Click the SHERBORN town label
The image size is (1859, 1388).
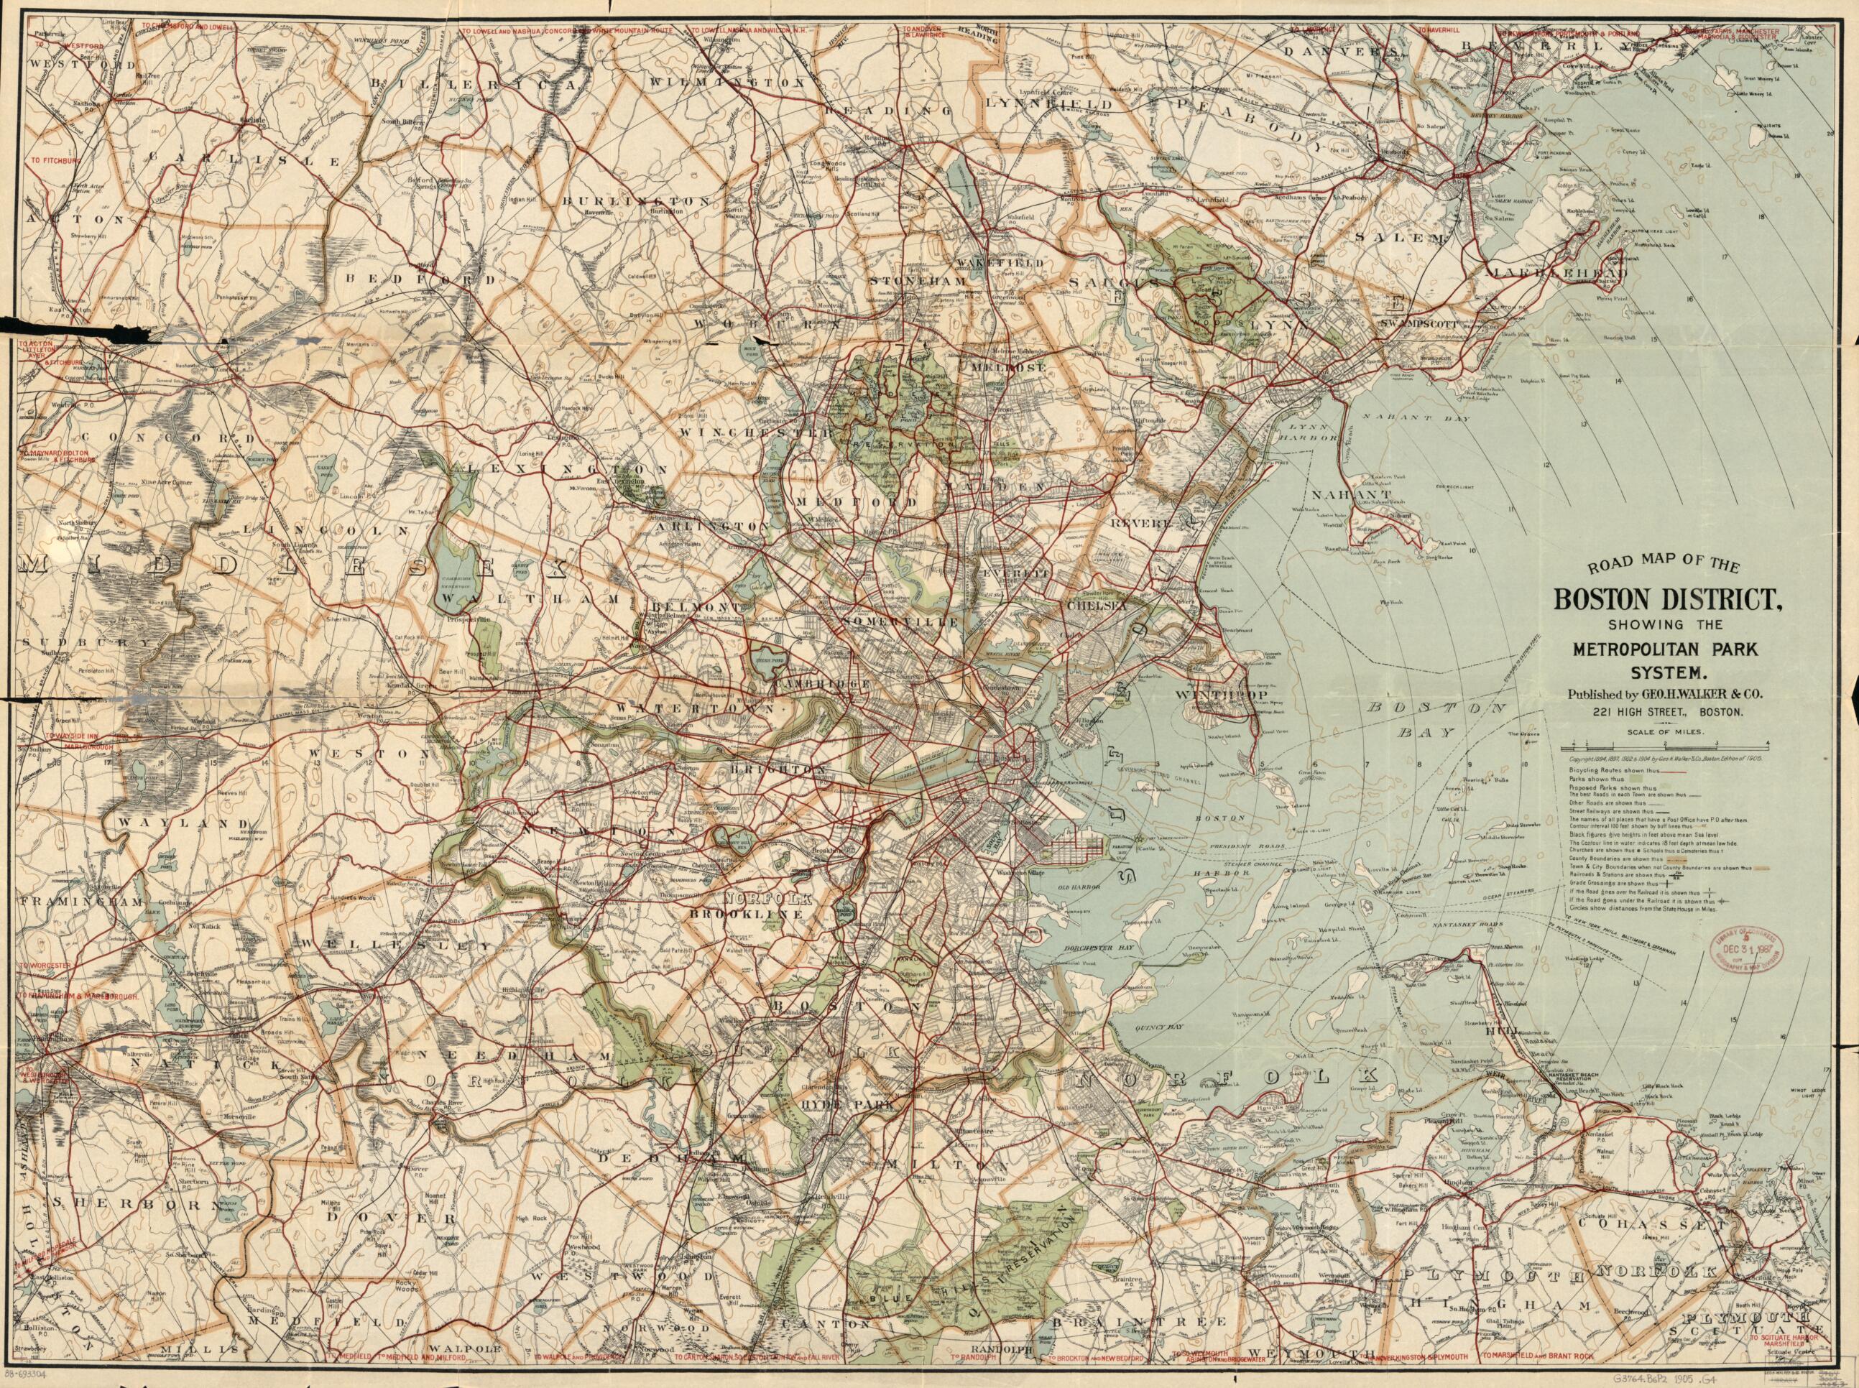coord(134,1205)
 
